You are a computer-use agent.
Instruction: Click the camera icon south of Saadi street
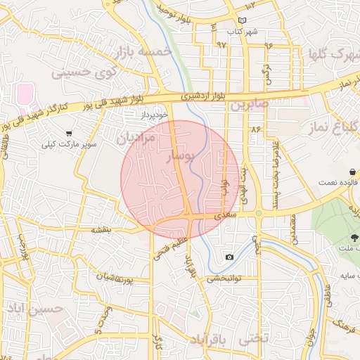click(x=229, y=257)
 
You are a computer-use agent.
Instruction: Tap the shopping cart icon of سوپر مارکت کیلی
click(x=69, y=133)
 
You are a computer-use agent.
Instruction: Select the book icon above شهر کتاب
click(x=243, y=21)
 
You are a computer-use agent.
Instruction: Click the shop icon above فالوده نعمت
click(x=352, y=172)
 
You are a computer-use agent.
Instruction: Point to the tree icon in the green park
click(x=354, y=237)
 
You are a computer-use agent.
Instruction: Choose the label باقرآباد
click(x=210, y=340)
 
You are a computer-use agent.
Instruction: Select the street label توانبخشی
click(x=224, y=278)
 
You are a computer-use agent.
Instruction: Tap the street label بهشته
click(x=102, y=230)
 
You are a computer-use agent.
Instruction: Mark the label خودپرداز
click(x=152, y=113)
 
